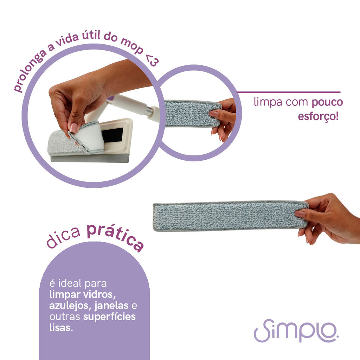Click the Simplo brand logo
(x=296, y=330)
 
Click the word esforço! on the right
(x=318, y=116)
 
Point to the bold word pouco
(x=327, y=102)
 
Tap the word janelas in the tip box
(x=111, y=306)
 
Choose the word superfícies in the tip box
(x=109, y=317)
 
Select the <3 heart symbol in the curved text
(x=152, y=60)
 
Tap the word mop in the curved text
(x=132, y=47)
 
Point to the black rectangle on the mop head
(x=112, y=135)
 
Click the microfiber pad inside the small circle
(x=192, y=114)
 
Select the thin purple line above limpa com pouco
(x=289, y=92)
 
